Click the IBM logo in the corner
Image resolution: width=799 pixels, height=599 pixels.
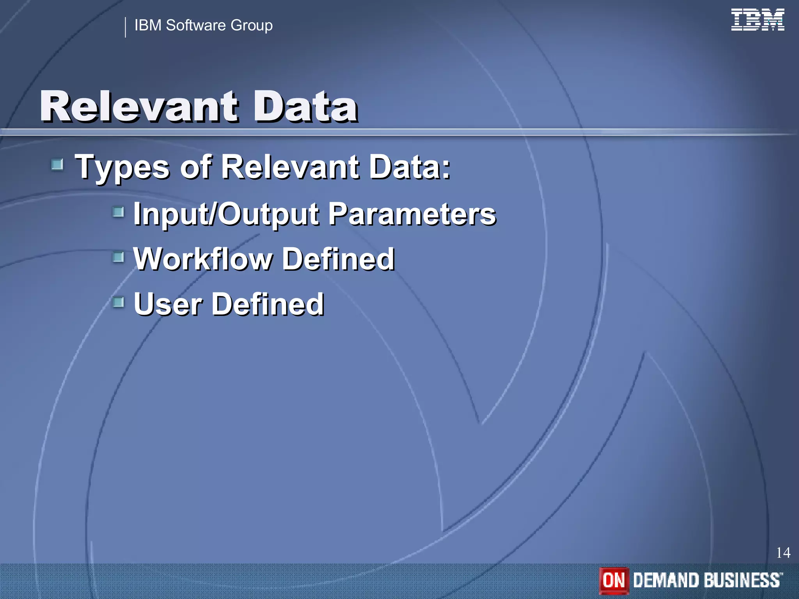pyautogui.click(x=757, y=20)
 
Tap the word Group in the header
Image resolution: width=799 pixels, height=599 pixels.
pyautogui.click(x=252, y=26)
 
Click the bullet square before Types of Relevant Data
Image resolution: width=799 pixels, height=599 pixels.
pyautogui.click(x=57, y=165)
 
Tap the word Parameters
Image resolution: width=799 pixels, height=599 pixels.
pyautogui.click(x=412, y=214)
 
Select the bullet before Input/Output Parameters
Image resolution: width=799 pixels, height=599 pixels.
pyautogui.click(x=118, y=212)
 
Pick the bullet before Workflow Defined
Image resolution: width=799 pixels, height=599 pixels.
pyautogui.click(x=118, y=257)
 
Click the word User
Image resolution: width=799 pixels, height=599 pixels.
pyautogui.click(x=168, y=304)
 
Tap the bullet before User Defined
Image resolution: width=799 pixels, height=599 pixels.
pyautogui.click(x=118, y=302)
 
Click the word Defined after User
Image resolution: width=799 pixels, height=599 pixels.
pyautogui.click(x=268, y=304)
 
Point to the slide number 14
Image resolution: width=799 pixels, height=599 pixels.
pyautogui.click(x=783, y=553)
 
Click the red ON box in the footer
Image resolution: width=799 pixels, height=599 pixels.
pyautogui.click(x=614, y=580)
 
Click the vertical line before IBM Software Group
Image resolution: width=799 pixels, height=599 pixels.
pyautogui.click(x=125, y=27)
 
